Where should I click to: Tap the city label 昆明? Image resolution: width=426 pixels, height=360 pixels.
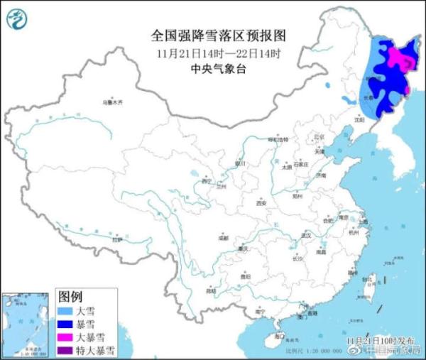(210, 290)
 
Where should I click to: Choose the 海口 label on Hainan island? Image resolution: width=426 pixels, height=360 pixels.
(280, 334)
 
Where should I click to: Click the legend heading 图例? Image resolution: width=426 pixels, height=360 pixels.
(70, 297)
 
